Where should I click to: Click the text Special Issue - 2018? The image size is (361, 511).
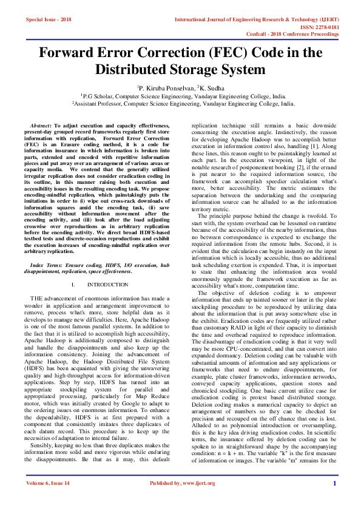tap(49, 19)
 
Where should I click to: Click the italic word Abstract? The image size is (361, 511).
tap(41, 124)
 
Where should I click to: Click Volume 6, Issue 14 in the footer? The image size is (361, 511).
tap(49, 500)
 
